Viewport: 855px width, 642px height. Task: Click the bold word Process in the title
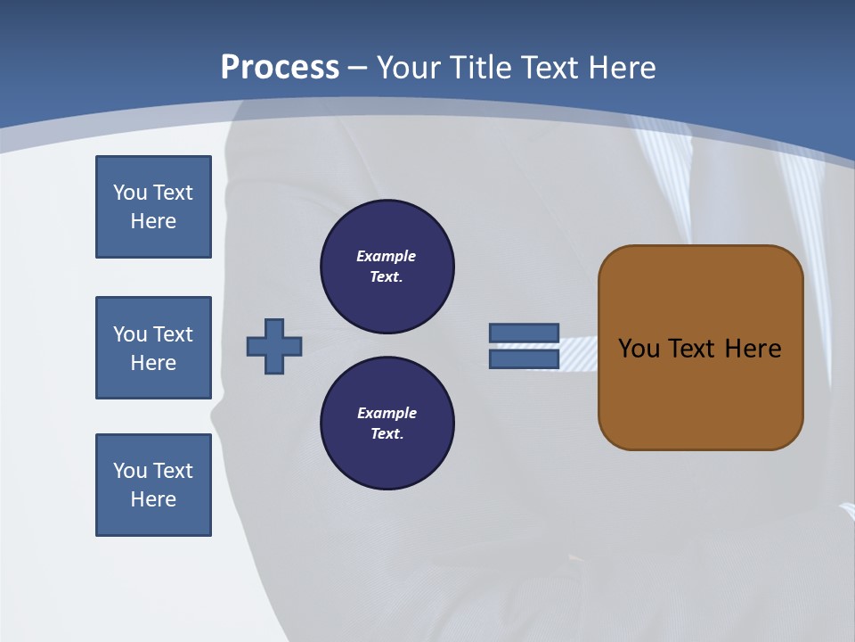[x=280, y=68]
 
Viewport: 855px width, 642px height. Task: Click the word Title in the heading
[x=479, y=68]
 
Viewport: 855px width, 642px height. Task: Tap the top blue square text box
[x=153, y=207]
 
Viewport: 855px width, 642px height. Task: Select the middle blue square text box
[x=153, y=348]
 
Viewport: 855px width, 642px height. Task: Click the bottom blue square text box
[x=153, y=485]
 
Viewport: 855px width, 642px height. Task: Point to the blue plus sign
[x=274, y=346]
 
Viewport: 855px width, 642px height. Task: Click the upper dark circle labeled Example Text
[x=387, y=266]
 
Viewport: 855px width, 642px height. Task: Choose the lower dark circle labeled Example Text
[x=387, y=423]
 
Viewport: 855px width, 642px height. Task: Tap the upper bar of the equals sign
[x=524, y=333]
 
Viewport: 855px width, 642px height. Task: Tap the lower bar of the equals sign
[x=524, y=359]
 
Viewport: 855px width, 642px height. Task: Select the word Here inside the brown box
[x=753, y=348]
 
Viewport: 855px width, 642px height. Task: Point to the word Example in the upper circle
[x=386, y=256]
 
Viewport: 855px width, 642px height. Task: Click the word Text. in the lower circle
[x=387, y=433]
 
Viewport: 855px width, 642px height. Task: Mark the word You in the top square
[x=130, y=193]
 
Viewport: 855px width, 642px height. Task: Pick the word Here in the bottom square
[x=153, y=499]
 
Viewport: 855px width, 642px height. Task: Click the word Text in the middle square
[x=173, y=334]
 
